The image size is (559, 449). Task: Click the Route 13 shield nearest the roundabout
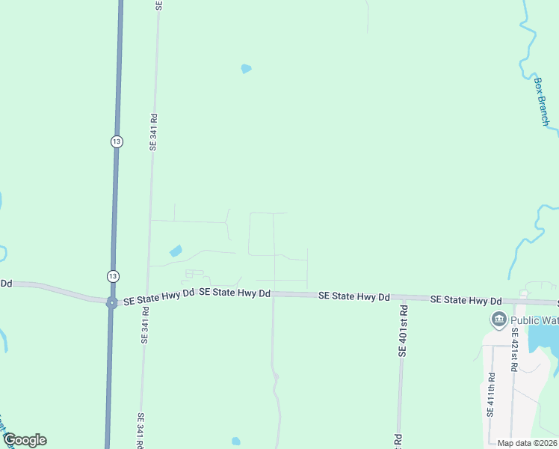click(x=111, y=275)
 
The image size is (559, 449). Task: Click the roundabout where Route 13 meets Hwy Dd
click(x=111, y=302)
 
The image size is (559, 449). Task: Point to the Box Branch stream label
click(x=542, y=101)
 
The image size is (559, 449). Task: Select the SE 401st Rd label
click(x=403, y=330)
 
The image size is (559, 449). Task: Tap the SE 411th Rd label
click(x=491, y=394)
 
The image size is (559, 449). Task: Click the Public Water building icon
click(x=498, y=320)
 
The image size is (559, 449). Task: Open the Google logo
click(x=25, y=440)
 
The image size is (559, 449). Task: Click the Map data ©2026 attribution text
click(x=526, y=443)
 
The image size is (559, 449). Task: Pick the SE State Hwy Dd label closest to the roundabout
click(x=158, y=297)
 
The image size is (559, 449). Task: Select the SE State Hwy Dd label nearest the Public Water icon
click(x=466, y=300)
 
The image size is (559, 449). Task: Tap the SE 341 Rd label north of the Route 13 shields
click(x=154, y=132)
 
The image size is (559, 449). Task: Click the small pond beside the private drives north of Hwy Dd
click(x=176, y=251)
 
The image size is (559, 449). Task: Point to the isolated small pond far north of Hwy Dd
click(x=246, y=69)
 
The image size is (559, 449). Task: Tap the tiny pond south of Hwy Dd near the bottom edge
click(x=236, y=441)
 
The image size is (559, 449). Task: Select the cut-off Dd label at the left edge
click(x=6, y=283)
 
